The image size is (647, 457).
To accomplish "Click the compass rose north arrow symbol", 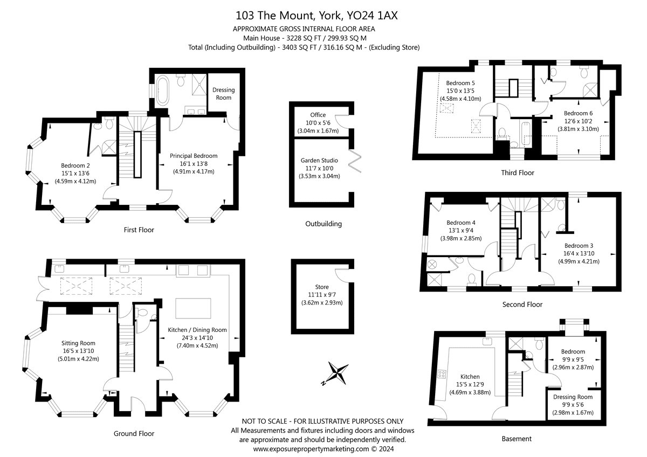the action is click(x=336, y=373).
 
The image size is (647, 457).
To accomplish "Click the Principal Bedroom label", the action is click(x=194, y=156).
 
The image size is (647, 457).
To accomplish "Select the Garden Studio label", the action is click(x=319, y=161).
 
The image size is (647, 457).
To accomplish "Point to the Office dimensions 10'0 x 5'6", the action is click(x=318, y=123).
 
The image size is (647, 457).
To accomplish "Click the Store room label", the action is click(x=322, y=287).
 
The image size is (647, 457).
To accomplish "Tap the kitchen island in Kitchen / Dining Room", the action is click(x=193, y=308).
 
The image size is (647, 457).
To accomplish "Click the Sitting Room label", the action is click(x=78, y=343).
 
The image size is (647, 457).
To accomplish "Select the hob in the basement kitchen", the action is click(x=442, y=374).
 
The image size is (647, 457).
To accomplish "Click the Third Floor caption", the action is click(x=518, y=172).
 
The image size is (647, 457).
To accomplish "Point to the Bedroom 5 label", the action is click(x=460, y=83).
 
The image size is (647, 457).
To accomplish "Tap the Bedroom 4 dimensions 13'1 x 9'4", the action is click(x=461, y=230).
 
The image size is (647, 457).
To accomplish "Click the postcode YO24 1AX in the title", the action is click(x=373, y=16).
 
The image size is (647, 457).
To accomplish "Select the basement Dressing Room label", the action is click(x=573, y=397).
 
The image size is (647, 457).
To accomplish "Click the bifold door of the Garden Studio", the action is click(x=355, y=161).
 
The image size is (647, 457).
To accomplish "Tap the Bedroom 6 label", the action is click(x=578, y=114).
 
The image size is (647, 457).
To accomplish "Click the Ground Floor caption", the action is click(x=134, y=433).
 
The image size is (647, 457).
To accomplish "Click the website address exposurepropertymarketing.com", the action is click(x=311, y=449).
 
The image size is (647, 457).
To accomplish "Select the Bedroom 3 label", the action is click(x=579, y=246).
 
